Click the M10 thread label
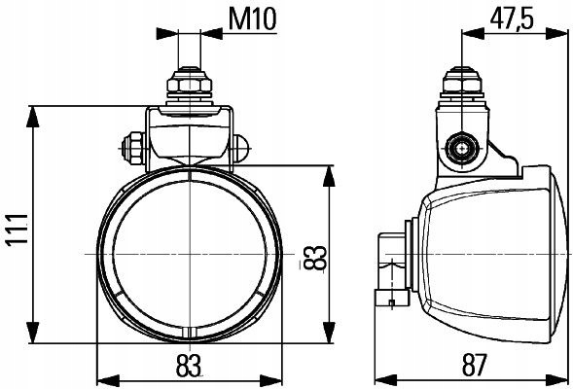pyautogui.click(x=253, y=19)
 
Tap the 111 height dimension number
pyautogui.click(x=18, y=230)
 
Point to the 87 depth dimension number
pyautogui.click(x=475, y=366)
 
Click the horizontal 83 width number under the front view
pyautogui.click(x=189, y=366)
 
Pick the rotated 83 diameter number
pyautogui.click(x=314, y=258)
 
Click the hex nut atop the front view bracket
pyautogui.click(x=190, y=85)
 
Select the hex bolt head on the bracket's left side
pyautogui.click(x=133, y=148)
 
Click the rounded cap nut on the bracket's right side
pyautogui.click(x=241, y=148)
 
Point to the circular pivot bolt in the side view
pyautogui.click(x=462, y=148)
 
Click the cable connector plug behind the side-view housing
pyautogui.click(x=392, y=271)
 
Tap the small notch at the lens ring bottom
pyautogui.click(x=189, y=333)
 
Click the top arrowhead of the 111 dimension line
pyautogui.click(x=33, y=117)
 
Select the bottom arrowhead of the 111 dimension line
pyautogui.click(x=33, y=333)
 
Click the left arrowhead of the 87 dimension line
pyautogui.click(x=386, y=380)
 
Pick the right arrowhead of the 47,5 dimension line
pyautogui.click(x=556, y=33)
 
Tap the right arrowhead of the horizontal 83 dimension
pyautogui.click(x=270, y=380)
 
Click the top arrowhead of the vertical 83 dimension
pyautogui.click(x=329, y=176)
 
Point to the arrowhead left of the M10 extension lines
pyautogui.click(x=167, y=34)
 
